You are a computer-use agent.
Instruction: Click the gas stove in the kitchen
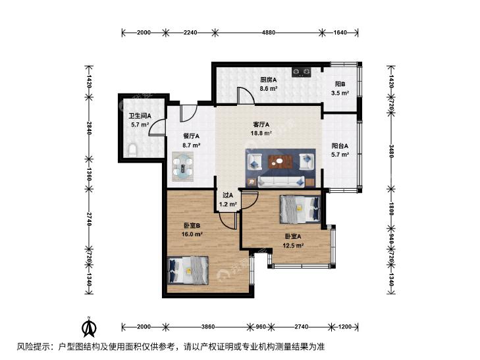[301, 72]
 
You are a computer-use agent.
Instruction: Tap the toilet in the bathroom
[132, 151]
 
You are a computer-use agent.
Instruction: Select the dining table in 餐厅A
[183, 166]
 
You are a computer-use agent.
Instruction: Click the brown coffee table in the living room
[280, 162]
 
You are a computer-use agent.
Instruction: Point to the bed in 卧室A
[300, 209]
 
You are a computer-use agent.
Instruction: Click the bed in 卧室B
[188, 270]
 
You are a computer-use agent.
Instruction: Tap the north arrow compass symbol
[89, 326]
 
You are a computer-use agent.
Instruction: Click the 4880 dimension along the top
[269, 32]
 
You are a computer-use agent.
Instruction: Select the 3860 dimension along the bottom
[208, 326]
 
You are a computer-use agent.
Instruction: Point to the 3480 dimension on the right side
[391, 151]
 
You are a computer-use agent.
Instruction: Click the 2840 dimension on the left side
[89, 128]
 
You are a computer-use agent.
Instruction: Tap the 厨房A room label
[269, 80]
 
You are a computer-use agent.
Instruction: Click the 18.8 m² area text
[261, 133]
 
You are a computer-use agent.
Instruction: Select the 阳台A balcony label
[340, 146]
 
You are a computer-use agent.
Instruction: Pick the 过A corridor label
[228, 195]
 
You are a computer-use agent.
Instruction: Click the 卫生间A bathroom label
[140, 116]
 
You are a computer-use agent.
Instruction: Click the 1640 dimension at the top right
[340, 32]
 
